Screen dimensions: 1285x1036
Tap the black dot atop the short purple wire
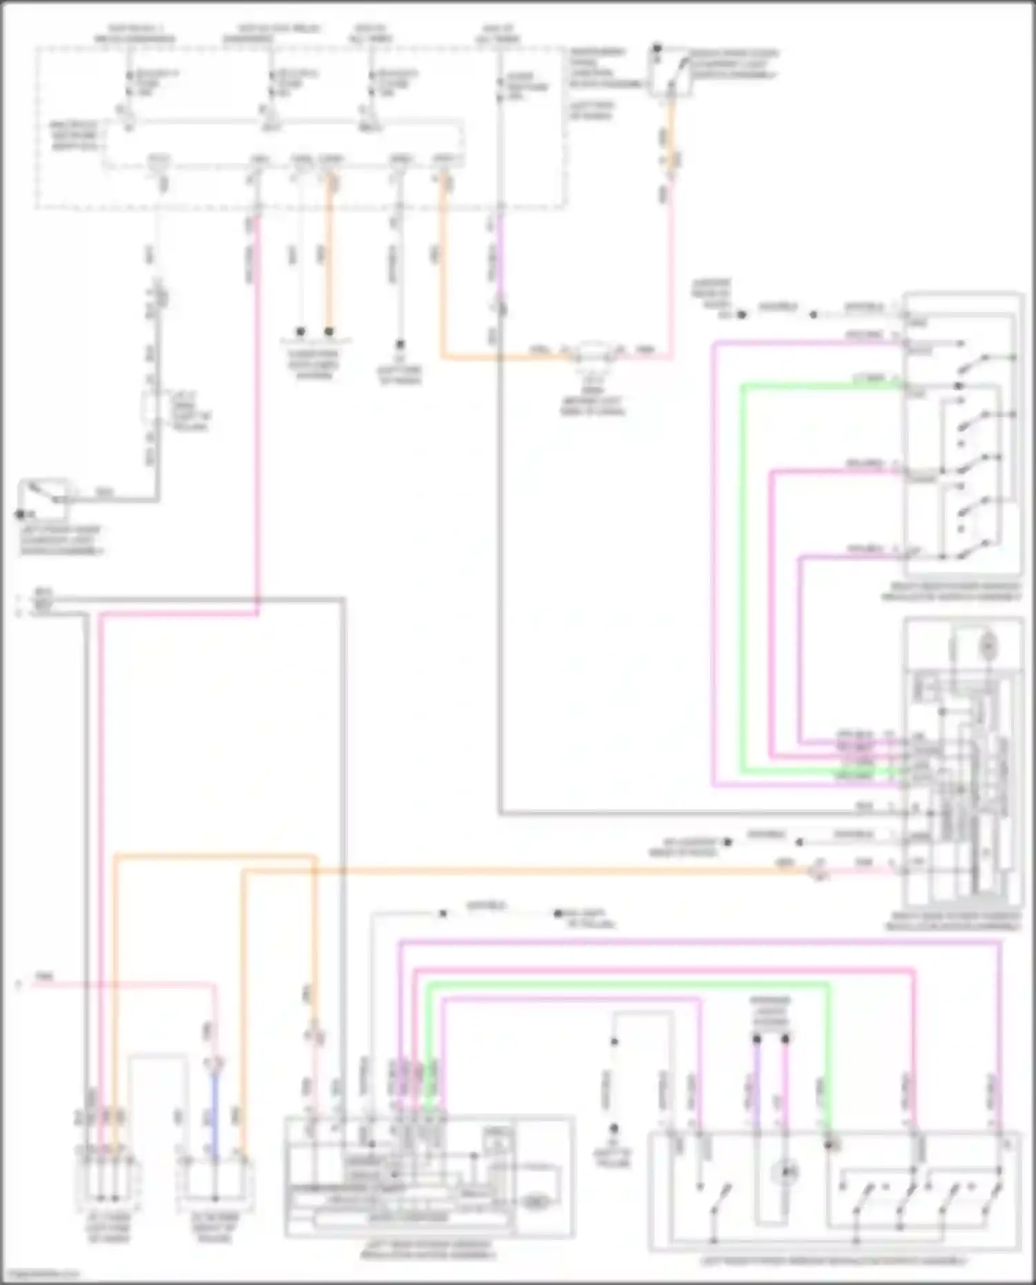pos(757,1038)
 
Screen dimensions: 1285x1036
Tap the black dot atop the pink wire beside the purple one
pos(786,1038)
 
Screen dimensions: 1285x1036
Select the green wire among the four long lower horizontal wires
pos(622,985)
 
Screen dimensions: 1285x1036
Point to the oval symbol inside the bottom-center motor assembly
pos(534,1202)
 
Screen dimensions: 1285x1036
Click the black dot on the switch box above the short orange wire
pos(657,49)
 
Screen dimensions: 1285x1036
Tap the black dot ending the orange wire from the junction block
pos(329,332)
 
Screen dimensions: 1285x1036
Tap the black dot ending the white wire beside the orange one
pos(300,332)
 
